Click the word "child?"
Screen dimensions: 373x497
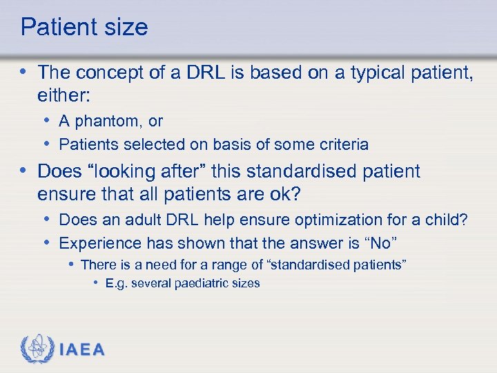pyautogui.click(x=448, y=220)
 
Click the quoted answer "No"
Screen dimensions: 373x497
pyautogui.click(x=379, y=243)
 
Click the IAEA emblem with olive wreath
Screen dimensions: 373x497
pyautogui.click(x=37, y=350)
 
